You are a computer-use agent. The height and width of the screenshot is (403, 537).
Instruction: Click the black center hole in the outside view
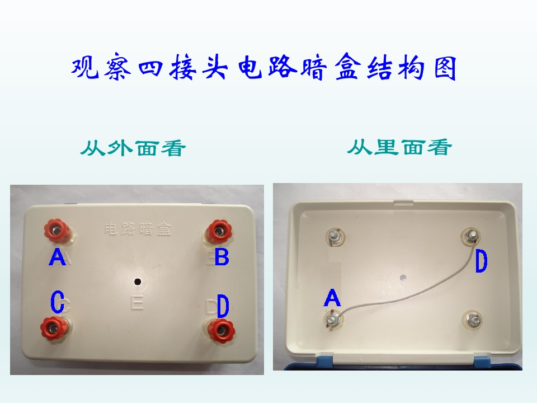point(138,282)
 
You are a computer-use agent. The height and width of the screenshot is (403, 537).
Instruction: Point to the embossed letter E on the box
point(137,303)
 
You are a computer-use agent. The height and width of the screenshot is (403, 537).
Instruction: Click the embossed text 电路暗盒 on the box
point(138,229)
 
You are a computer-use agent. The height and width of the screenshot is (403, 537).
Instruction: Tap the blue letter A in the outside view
point(57,257)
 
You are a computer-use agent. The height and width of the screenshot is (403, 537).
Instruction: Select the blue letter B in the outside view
point(222,257)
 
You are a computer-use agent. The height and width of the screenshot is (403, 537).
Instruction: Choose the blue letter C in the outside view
point(57,302)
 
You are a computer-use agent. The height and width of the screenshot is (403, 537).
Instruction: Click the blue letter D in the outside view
point(223,306)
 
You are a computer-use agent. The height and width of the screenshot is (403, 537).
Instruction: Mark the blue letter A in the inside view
point(332,297)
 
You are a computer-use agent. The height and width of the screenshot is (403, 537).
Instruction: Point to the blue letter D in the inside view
point(481,261)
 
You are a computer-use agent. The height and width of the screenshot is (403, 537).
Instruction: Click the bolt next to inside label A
point(332,320)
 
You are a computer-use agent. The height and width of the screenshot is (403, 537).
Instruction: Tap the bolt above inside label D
point(472,236)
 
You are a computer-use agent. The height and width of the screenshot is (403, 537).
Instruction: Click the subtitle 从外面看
point(133,148)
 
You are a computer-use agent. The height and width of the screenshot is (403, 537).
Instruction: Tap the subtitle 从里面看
point(399,147)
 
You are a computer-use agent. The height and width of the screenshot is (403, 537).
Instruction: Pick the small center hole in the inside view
point(403,277)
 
